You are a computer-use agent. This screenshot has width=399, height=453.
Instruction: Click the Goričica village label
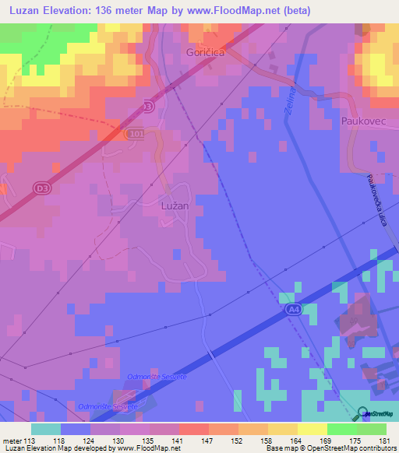207,52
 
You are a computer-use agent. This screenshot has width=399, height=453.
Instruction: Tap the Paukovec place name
364,121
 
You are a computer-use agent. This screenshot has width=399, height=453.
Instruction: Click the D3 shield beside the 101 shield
149,104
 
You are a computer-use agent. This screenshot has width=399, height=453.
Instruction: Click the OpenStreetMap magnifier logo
362,414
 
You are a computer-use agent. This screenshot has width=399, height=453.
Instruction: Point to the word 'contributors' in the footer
376,449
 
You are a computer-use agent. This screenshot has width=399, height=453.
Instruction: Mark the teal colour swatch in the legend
46,429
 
